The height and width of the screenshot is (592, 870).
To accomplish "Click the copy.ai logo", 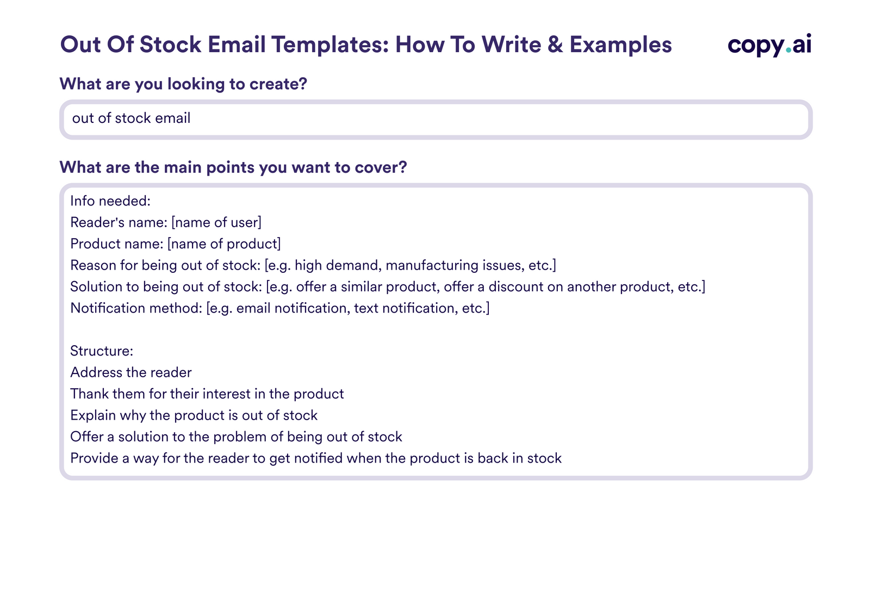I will click(769, 45).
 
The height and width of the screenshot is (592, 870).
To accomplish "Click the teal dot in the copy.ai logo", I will click(787, 53).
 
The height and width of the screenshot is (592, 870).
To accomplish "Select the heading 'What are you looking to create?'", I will click(183, 84).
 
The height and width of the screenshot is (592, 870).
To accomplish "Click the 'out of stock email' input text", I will click(131, 118).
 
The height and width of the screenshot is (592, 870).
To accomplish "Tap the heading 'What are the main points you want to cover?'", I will click(233, 167).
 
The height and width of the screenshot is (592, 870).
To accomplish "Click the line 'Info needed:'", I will click(110, 201).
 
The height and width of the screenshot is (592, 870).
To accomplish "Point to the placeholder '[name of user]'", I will click(216, 222).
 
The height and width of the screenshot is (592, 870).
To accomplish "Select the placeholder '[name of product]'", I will click(224, 244).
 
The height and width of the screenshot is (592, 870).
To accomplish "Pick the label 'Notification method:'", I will click(136, 308).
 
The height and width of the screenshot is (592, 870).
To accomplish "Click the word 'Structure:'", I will click(102, 351).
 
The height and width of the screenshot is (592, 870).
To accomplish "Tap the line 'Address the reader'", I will click(130, 372).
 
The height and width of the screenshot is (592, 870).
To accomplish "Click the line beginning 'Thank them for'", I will click(207, 394).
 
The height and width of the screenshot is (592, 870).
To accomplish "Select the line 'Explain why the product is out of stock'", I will click(194, 415).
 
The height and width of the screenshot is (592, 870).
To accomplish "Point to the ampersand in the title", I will click(555, 45).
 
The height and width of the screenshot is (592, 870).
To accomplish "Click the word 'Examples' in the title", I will click(620, 45).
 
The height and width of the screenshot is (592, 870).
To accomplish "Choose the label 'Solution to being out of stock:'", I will click(166, 286).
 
